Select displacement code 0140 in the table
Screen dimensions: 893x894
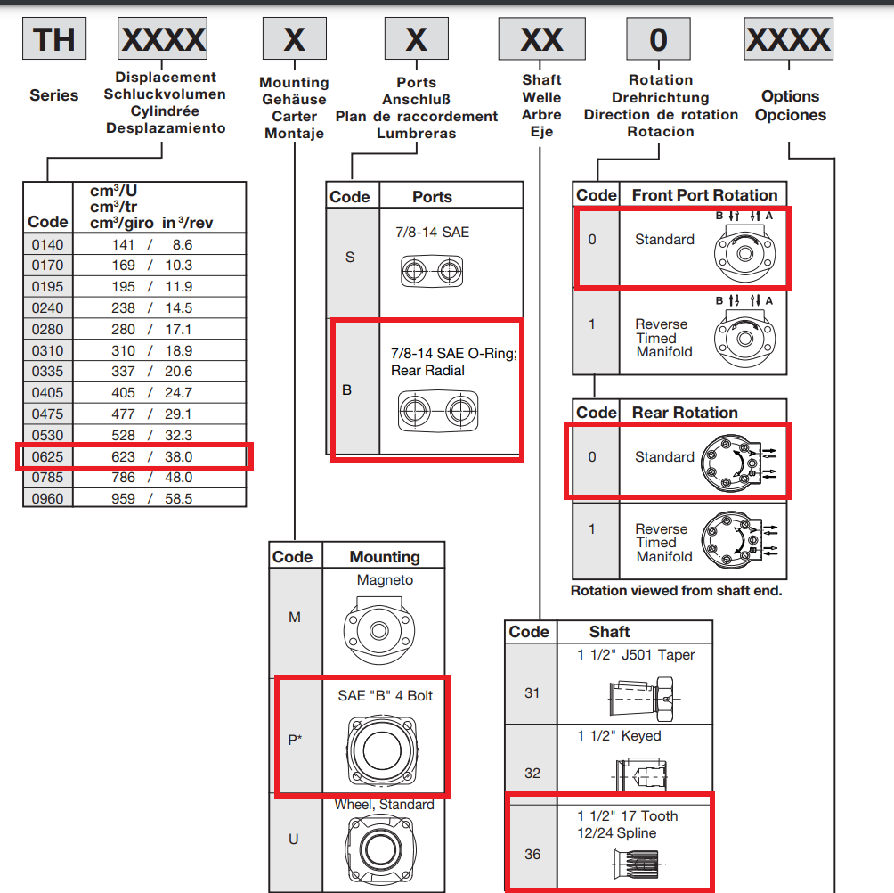pos(47,244)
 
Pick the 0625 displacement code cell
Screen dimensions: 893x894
pos(47,456)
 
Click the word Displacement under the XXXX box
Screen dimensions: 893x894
pos(166,78)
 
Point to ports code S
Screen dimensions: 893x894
pos(349,257)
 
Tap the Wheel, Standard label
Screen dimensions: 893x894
pos(384,805)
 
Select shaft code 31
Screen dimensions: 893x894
pos(532,692)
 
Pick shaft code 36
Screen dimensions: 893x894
pos(532,854)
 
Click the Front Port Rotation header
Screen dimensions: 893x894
pos(704,195)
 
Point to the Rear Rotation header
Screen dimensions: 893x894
pos(684,413)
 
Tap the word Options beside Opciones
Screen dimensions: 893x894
pos(790,96)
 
